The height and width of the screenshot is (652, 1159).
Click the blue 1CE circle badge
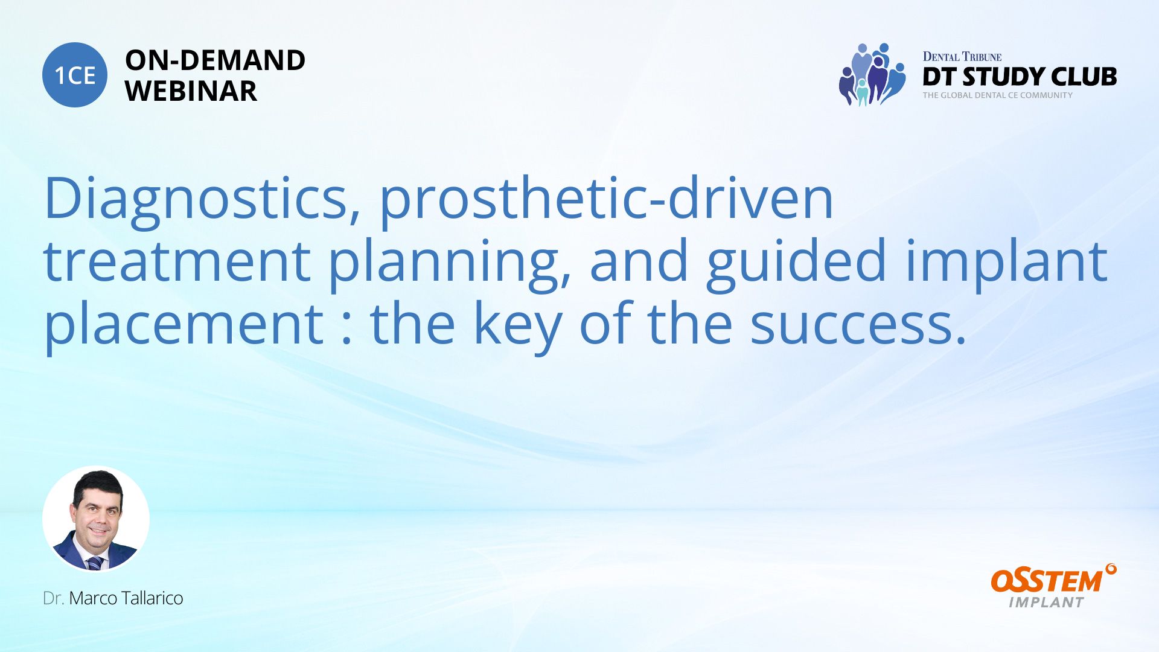click(x=75, y=75)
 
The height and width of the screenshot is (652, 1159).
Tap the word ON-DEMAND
click(x=215, y=60)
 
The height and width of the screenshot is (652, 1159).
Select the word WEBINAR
click(x=191, y=91)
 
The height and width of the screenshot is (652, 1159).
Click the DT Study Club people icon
click(x=872, y=74)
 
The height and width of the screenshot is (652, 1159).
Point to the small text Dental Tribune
click(x=962, y=57)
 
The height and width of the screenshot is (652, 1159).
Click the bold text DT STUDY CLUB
click(x=1020, y=77)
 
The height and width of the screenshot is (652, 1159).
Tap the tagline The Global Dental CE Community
click(x=998, y=95)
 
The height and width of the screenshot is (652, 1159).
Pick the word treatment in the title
click(x=177, y=261)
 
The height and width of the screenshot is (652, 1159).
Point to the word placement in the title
click(x=184, y=326)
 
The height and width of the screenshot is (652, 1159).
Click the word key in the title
click(x=518, y=326)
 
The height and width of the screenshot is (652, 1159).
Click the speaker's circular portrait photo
click(x=96, y=519)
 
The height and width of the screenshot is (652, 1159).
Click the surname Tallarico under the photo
click(x=152, y=598)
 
